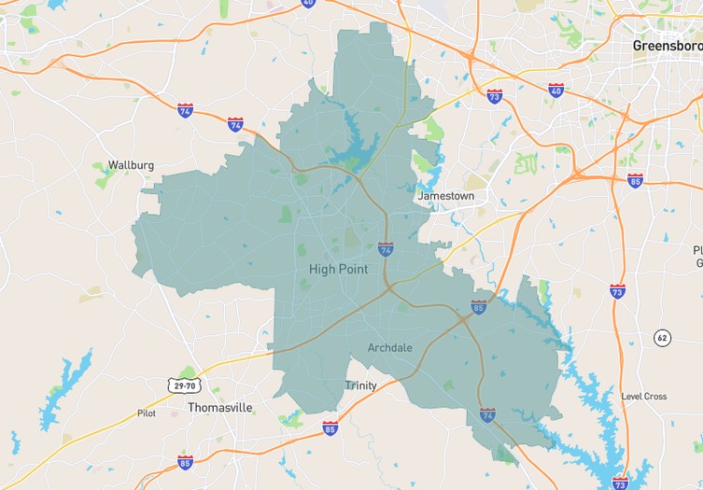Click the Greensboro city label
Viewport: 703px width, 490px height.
point(667,45)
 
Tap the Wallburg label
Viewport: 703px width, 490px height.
point(130,165)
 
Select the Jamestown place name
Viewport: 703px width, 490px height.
point(445,196)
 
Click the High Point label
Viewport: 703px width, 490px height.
point(338,269)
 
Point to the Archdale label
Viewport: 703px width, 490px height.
point(389,347)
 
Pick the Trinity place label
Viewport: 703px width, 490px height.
point(361,385)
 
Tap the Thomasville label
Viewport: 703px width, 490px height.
point(220,407)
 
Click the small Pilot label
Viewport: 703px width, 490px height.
point(147,413)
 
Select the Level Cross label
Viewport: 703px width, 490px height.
point(644,397)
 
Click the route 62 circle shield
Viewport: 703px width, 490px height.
point(662,337)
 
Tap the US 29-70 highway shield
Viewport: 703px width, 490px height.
point(183,385)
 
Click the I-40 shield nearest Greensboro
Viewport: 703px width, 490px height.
point(556,91)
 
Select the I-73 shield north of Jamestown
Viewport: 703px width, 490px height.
point(494,96)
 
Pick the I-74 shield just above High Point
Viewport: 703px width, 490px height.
point(386,249)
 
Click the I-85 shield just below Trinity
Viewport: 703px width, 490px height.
point(330,427)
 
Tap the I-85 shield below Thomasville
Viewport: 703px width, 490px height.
point(185,462)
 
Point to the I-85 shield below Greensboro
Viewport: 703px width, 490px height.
point(635,180)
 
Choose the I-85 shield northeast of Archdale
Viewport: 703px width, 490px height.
point(479,306)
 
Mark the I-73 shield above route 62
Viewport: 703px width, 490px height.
point(617,290)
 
